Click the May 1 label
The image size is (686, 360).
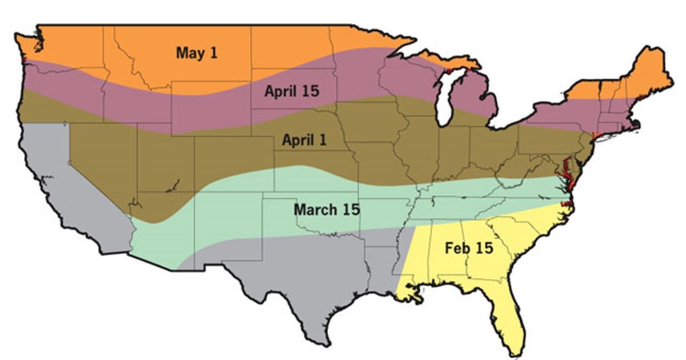pos(196,53)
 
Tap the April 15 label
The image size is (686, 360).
pos(292,90)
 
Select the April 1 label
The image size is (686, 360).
pos(304,140)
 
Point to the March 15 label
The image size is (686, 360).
pos(326,209)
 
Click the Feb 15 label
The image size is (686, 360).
pos(468,249)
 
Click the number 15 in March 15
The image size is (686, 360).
pos(351,209)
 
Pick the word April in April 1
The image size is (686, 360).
pos(296,140)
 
